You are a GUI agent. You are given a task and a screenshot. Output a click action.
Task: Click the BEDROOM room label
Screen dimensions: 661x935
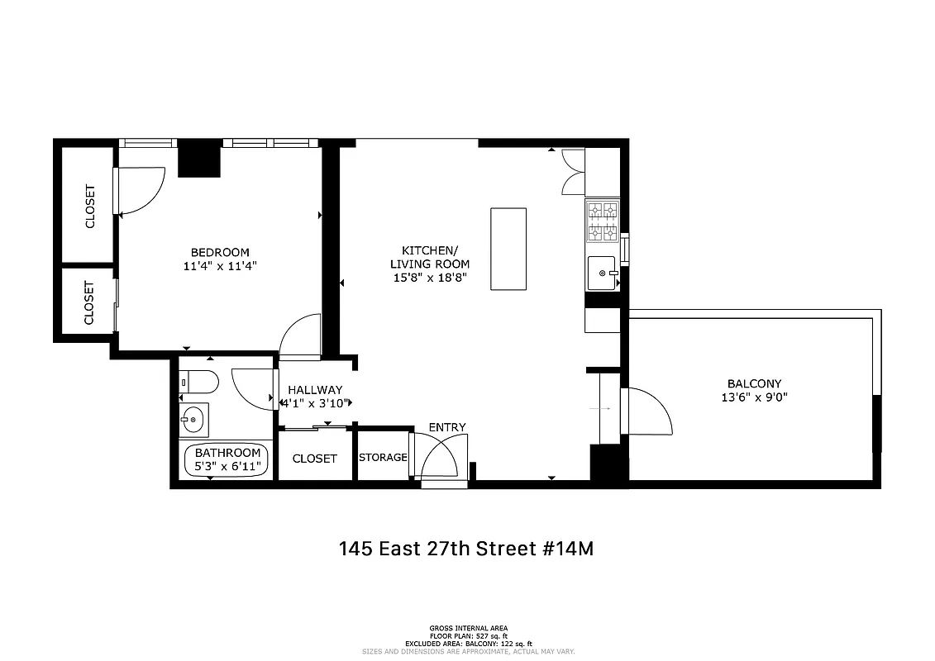point(219,252)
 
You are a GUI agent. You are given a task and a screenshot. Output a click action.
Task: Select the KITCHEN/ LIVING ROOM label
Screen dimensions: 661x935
point(429,257)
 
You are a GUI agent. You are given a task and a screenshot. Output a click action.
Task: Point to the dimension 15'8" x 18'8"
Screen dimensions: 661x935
point(430,278)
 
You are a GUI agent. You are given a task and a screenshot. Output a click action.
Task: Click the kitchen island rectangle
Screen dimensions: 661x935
point(508,248)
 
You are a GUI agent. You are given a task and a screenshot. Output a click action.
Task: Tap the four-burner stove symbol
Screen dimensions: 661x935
point(602,221)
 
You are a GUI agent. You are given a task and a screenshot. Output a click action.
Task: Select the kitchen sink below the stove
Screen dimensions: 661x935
point(603,273)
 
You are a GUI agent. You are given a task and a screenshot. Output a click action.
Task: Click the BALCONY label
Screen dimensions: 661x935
point(754,383)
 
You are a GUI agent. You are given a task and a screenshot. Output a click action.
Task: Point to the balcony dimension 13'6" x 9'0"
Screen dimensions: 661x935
point(754,397)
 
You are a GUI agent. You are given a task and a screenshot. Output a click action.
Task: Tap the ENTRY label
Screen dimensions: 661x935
point(446,427)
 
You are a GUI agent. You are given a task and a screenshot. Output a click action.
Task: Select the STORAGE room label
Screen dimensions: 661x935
point(383,458)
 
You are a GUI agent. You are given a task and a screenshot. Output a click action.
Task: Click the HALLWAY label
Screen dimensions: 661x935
point(314,390)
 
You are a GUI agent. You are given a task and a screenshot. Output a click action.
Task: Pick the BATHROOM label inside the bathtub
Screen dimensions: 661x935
point(227,453)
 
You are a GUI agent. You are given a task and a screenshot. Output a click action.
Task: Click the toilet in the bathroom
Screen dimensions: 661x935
point(199,382)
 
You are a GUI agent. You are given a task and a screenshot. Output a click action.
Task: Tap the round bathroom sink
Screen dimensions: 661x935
point(193,420)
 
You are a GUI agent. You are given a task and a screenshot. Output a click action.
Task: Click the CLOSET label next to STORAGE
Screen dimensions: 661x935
point(315,458)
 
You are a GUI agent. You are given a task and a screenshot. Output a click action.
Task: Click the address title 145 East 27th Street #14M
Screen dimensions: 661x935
point(466,549)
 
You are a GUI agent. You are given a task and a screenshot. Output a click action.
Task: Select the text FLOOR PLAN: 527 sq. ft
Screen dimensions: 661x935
point(468,635)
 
